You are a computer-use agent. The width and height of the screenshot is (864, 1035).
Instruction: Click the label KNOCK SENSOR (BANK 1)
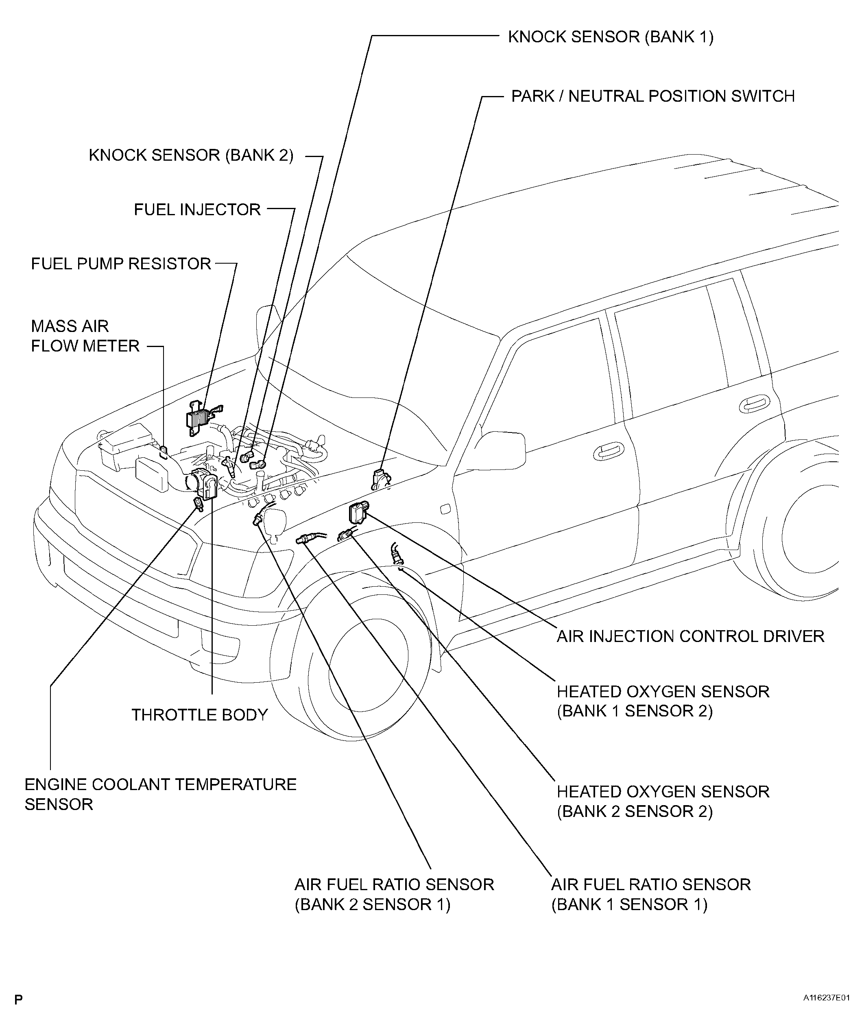(x=610, y=37)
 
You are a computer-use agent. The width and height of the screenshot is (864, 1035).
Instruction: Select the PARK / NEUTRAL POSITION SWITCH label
(x=652, y=96)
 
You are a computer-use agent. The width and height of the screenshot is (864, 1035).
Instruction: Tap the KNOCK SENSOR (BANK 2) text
(x=191, y=155)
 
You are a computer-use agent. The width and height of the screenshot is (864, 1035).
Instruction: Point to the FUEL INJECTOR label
(x=197, y=210)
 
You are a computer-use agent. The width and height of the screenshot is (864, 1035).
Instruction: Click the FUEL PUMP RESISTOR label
(x=121, y=264)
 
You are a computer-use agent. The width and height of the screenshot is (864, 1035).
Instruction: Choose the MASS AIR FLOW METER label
(x=85, y=336)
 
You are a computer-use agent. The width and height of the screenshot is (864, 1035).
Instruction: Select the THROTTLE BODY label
(x=199, y=715)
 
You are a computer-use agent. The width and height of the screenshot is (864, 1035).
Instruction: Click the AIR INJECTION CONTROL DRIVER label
(x=690, y=636)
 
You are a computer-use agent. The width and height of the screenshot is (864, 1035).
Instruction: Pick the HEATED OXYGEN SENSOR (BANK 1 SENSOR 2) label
(x=663, y=701)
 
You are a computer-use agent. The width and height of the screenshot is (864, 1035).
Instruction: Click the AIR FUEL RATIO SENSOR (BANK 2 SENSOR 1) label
(x=394, y=895)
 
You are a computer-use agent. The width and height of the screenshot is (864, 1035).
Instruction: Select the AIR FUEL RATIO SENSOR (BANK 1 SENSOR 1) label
(x=650, y=895)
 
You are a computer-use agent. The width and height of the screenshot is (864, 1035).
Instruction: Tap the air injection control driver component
(x=358, y=513)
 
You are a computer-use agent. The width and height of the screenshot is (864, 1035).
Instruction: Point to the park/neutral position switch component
(x=381, y=478)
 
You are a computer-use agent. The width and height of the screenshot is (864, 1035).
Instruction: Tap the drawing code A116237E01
(x=826, y=998)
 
